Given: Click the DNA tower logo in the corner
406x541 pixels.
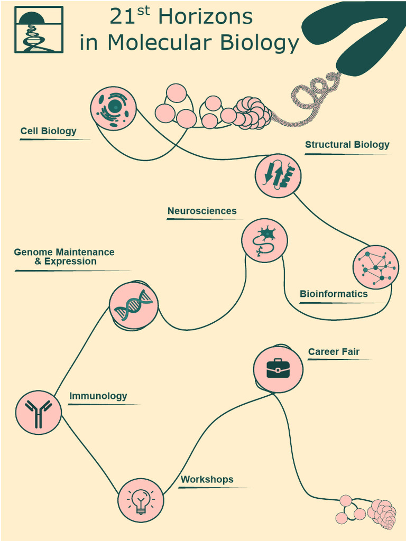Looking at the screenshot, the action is (39, 30).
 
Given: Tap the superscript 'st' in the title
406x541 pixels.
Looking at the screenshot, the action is (144, 12).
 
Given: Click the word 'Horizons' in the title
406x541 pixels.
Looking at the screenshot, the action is (206, 17).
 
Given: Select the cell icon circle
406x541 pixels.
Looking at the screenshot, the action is (113, 108).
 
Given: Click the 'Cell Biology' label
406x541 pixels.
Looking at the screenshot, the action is (48, 131).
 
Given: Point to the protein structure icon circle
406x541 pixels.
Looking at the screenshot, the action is (278, 175).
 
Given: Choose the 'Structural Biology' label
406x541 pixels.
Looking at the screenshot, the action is (347, 145).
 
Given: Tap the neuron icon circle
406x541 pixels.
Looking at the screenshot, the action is (264, 240).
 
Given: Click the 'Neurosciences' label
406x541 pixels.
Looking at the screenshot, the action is (202, 211).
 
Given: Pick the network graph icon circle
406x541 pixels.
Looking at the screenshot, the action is (376, 267).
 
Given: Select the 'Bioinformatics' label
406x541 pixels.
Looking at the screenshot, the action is (334, 294).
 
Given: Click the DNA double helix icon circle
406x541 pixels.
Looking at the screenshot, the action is (134, 305).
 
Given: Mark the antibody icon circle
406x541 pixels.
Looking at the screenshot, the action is (38, 412).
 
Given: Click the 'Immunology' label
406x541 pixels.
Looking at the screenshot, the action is (98, 396).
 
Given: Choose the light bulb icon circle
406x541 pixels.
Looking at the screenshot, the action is (141, 500).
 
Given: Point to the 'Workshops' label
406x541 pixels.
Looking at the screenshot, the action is (207, 480).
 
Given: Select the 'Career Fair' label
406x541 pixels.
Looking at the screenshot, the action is (334, 351).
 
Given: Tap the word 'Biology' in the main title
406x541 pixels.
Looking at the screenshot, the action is (259, 43).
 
